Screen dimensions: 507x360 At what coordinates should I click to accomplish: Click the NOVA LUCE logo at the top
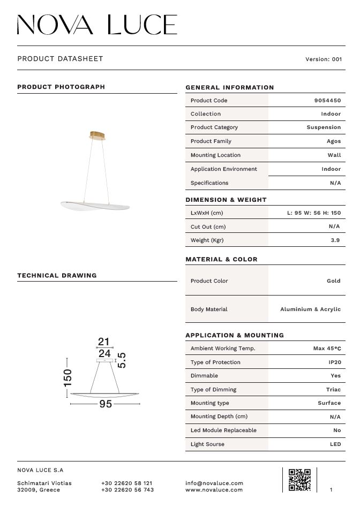click(x=97, y=25)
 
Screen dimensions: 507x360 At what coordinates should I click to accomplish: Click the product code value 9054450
click(x=327, y=101)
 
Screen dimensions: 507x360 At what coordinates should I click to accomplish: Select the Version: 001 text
click(x=323, y=59)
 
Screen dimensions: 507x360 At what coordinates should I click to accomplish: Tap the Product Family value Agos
click(x=333, y=141)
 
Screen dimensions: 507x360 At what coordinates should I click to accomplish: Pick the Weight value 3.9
click(x=335, y=240)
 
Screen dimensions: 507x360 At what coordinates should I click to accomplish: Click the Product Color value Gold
click(x=333, y=281)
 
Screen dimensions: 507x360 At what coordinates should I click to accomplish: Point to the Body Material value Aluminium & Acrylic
click(x=310, y=309)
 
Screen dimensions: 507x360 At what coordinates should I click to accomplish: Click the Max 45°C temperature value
click(x=327, y=349)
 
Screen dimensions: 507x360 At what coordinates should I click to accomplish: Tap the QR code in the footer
click(x=299, y=480)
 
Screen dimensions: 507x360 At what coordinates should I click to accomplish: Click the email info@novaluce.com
click(x=214, y=483)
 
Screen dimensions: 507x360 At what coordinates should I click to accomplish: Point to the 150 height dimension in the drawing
click(x=67, y=377)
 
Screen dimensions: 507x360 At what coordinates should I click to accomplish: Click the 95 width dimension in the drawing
click(x=106, y=404)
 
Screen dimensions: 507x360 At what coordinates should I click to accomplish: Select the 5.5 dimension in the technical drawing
click(x=122, y=360)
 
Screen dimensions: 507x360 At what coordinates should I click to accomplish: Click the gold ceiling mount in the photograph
click(x=97, y=135)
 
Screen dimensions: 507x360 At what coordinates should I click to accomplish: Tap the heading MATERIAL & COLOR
click(x=221, y=260)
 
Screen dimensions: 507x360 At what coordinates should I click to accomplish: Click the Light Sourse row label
click(x=207, y=444)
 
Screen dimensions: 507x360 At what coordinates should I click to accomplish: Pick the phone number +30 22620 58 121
click(x=126, y=483)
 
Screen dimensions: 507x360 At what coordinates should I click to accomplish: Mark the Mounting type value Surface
click(x=329, y=403)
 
